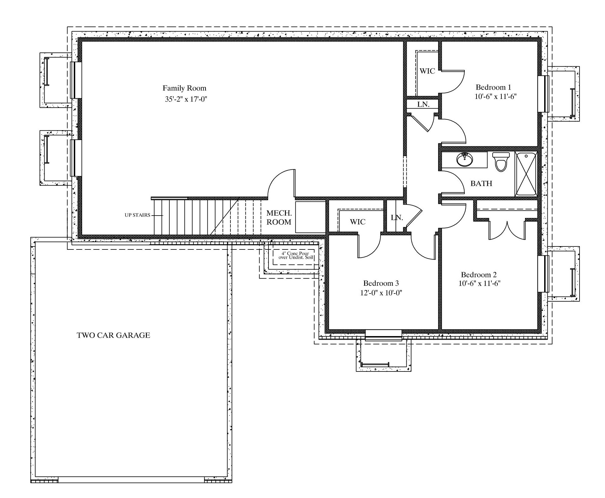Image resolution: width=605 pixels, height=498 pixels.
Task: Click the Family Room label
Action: [x=184, y=88]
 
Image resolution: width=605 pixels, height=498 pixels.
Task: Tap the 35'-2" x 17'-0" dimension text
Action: [x=186, y=99]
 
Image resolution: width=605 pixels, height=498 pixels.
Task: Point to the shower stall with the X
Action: [x=526, y=174]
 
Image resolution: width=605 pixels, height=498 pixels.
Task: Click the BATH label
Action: [x=481, y=183]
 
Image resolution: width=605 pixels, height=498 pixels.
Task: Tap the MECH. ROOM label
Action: [x=279, y=218]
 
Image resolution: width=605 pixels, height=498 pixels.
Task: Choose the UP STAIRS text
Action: [x=138, y=215]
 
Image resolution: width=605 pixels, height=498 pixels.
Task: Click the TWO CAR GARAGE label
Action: [x=113, y=335]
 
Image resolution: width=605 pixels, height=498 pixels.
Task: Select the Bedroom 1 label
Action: [x=493, y=87]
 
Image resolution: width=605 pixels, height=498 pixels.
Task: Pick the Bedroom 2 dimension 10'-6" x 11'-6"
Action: [x=479, y=283]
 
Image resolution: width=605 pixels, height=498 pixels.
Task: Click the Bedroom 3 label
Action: [x=381, y=283]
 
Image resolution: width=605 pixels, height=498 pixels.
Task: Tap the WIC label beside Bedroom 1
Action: [x=427, y=71]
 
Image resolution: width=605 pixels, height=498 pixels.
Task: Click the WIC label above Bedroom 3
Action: [x=358, y=222]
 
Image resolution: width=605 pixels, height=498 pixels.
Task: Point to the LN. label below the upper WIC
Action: [x=423, y=105]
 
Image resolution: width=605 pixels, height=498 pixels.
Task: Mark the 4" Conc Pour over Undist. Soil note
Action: [x=294, y=255]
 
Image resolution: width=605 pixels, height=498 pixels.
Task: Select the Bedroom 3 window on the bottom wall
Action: [x=383, y=335]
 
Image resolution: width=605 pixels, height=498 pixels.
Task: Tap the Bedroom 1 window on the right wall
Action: [x=543, y=94]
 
